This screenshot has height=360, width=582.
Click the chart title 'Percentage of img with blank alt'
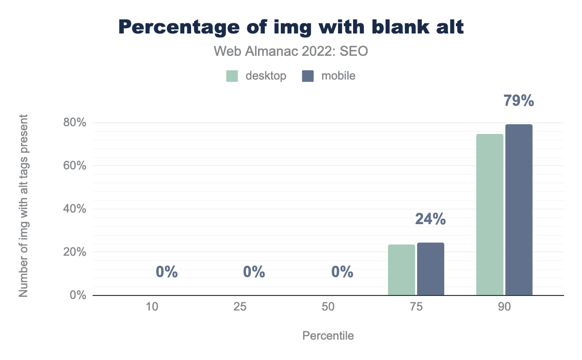[x=291, y=27]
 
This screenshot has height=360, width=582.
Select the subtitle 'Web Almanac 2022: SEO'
[x=291, y=51]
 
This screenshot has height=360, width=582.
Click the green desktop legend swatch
[x=232, y=76]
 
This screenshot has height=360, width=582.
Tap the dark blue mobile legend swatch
[x=307, y=76]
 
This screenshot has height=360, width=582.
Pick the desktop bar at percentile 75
[x=402, y=270]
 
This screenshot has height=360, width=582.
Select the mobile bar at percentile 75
[x=431, y=269]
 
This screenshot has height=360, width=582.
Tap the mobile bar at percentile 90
[x=519, y=210]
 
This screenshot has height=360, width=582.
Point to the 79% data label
[x=518, y=101]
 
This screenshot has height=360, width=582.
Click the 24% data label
[x=430, y=219]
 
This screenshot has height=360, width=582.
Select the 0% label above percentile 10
[x=167, y=272]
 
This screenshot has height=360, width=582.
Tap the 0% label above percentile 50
[x=342, y=272]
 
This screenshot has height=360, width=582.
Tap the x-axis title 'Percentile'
[x=328, y=336]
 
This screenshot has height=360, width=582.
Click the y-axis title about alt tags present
[x=23, y=206]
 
